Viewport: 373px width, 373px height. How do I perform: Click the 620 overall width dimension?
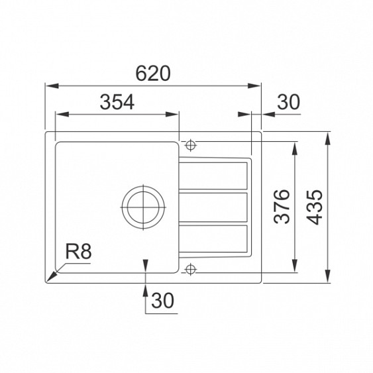(x=153, y=74)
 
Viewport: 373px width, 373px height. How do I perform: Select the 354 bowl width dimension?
(x=117, y=102)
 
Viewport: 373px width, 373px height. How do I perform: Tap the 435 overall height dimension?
(x=314, y=207)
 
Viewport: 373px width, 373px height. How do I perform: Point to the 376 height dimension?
(x=282, y=207)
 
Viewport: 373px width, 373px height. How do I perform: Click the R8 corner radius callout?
(x=78, y=252)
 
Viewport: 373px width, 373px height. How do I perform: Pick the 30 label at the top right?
(x=289, y=102)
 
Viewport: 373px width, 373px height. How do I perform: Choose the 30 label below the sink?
(x=163, y=300)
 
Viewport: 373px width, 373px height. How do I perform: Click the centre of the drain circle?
(x=143, y=207)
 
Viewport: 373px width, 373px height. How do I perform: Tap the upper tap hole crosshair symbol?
(x=190, y=145)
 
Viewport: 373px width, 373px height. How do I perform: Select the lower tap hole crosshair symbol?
(x=190, y=270)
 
